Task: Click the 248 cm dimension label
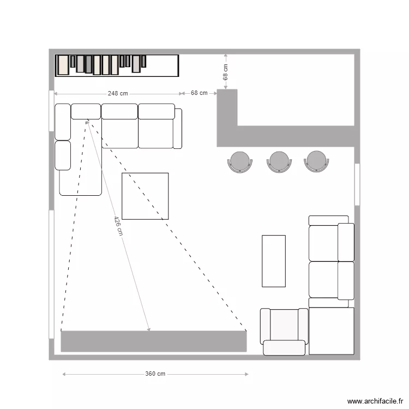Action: pyautogui.click(x=118, y=93)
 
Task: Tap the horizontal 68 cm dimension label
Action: pyautogui.click(x=199, y=93)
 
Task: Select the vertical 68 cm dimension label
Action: pyautogui.click(x=226, y=72)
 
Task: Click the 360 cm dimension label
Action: pyautogui.click(x=155, y=374)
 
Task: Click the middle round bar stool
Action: pyautogui.click(x=279, y=161)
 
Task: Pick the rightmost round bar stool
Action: pyautogui.click(x=317, y=161)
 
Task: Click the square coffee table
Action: pyautogui.click(x=145, y=196)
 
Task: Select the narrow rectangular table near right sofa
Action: pyautogui.click(x=274, y=261)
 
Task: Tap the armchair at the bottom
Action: pyautogui.click(x=284, y=331)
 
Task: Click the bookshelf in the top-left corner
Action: pyautogui.click(x=117, y=65)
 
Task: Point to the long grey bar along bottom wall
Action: pyautogui.click(x=153, y=341)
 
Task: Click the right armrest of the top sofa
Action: pyautogui.click(x=178, y=128)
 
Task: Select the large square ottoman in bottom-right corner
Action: pyautogui.click(x=332, y=331)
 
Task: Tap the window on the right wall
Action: pyautogui.click(x=357, y=184)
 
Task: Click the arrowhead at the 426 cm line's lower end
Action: pyautogui.click(x=149, y=329)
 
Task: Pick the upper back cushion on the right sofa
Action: pyautogui.click(x=346, y=242)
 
